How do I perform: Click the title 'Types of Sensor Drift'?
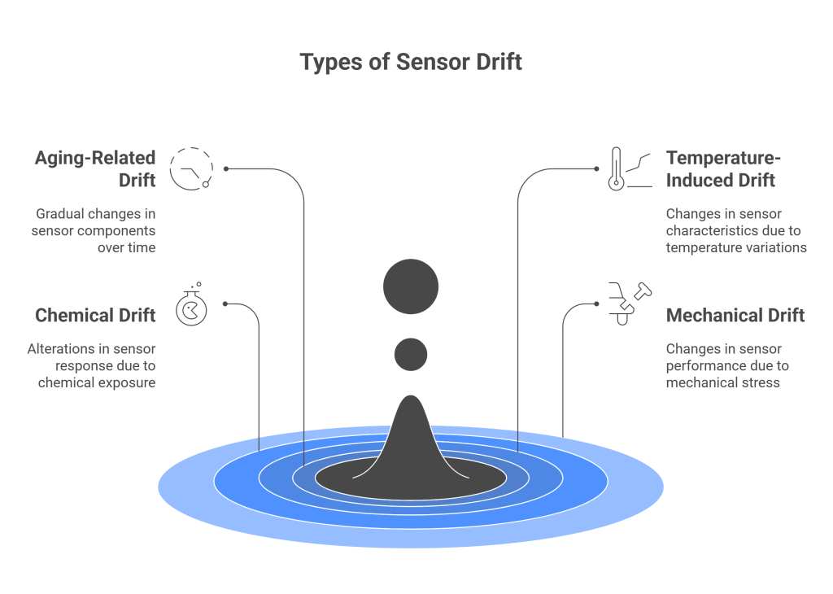411,63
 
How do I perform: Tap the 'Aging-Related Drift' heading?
97,168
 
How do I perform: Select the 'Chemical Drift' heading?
95,315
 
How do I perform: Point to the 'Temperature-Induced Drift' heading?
721,168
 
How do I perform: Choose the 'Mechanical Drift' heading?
735,315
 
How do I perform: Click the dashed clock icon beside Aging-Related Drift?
191,169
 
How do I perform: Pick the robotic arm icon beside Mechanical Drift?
629,304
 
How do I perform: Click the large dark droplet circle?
411,286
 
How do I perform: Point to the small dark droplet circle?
411,353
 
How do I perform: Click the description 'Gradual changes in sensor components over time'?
95,230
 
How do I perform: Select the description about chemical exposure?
91,365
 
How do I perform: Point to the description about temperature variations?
736,230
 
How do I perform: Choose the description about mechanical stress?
727,365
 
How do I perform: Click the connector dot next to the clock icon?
225,169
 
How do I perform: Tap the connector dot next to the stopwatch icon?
225,304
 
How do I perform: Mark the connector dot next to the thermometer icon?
596,169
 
